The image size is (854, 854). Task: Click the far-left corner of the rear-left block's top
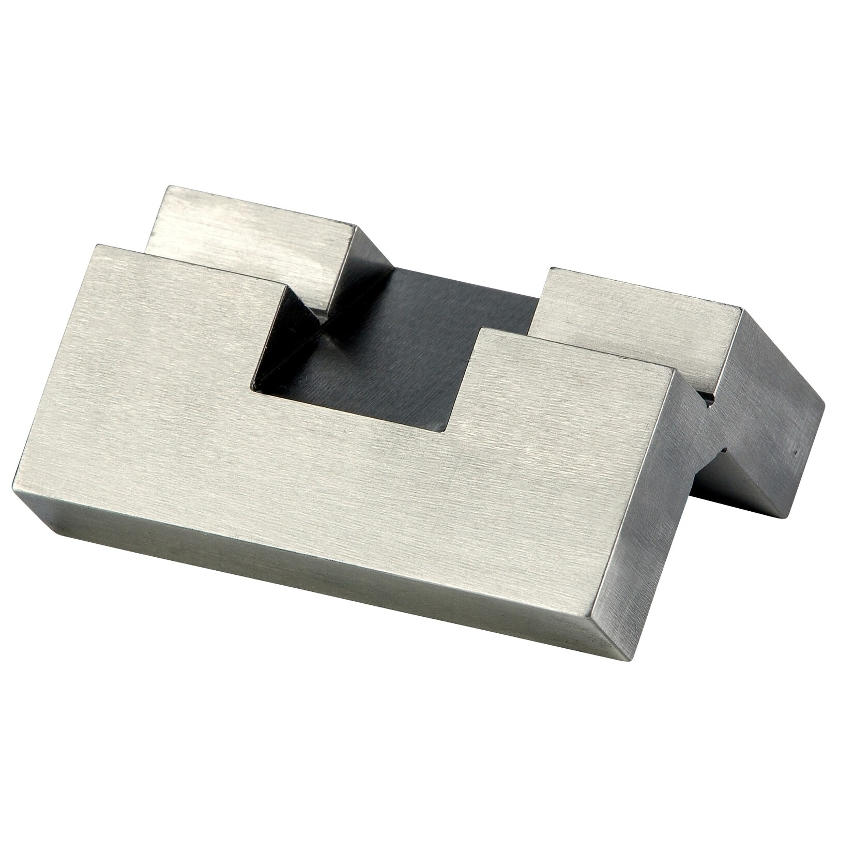(x=165, y=188)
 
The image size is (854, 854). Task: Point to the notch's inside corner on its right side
(x=446, y=430)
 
